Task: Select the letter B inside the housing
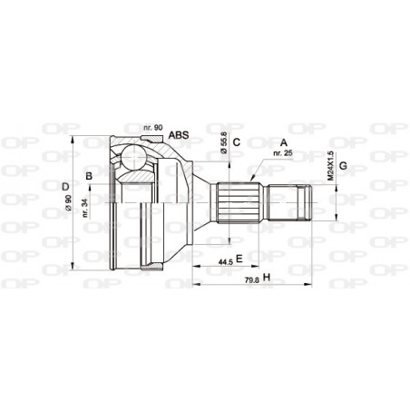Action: (88, 175)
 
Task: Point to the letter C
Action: (235, 142)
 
